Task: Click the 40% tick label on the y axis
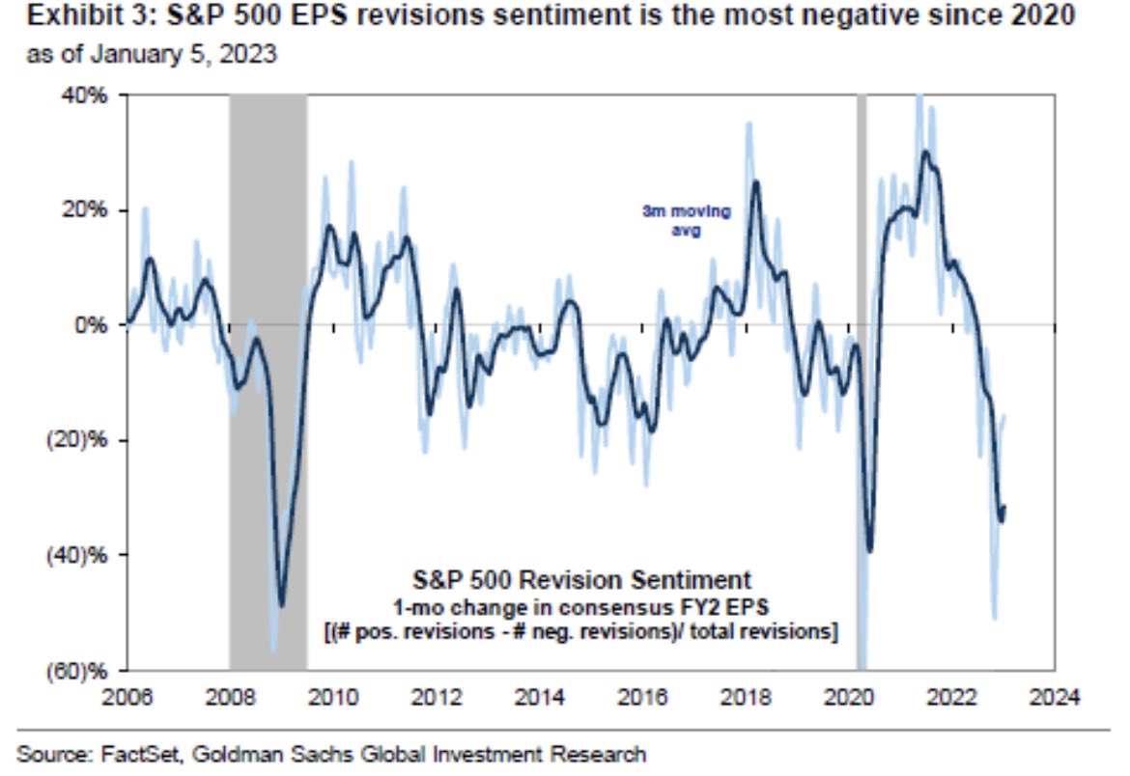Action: click(92, 96)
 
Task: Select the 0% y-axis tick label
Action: click(97, 325)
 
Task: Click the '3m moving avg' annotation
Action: click(687, 220)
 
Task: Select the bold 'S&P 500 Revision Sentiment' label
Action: click(581, 581)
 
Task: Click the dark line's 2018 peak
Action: click(755, 182)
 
